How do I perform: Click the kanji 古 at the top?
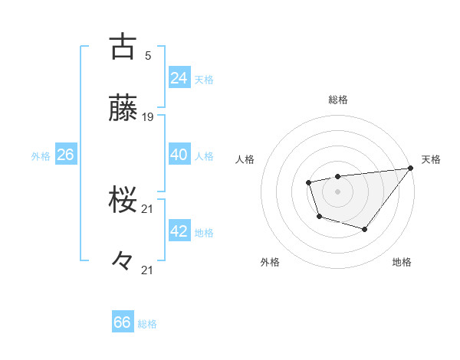click(x=123, y=47)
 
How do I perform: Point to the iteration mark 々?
click(x=123, y=260)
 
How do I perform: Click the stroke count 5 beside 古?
click(x=147, y=55)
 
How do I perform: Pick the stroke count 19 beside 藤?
click(x=149, y=117)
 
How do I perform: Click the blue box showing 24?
click(x=179, y=78)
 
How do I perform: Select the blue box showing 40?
click(x=179, y=155)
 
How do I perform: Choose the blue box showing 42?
click(x=179, y=231)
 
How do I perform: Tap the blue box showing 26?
click(x=66, y=155)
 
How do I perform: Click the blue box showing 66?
click(x=122, y=322)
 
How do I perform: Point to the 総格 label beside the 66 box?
click(x=147, y=324)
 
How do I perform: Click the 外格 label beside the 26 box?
click(x=41, y=156)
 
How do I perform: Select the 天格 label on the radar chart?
click(x=431, y=159)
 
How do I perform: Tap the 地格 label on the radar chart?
click(x=402, y=262)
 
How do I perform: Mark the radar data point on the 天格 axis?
click(x=409, y=168)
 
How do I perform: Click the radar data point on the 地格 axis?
click(x=365, y=229)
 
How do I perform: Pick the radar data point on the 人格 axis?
click(x=308, y=182)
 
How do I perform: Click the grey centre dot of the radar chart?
click(x=337, y=191)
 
